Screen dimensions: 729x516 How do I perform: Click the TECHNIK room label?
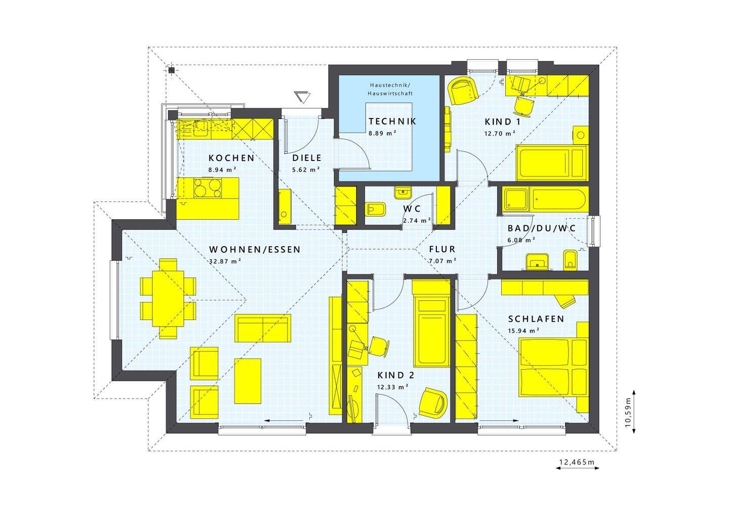click(392, 122)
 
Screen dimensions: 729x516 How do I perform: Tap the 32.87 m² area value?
click(225, 261)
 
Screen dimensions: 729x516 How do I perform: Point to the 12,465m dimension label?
click(577, 462)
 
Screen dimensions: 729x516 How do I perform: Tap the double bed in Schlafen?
click(553, 367)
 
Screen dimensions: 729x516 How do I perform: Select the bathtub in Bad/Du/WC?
click(559, 199)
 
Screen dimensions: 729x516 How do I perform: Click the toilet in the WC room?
click(376, 209)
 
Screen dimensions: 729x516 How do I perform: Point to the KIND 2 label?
click(396, 375)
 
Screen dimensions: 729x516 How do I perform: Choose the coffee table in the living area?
click(248, 381)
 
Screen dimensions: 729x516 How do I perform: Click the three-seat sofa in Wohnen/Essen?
click(263, 328)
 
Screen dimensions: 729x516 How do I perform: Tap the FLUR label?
click(442, 249)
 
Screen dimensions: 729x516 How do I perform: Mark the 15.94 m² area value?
click(523, 331)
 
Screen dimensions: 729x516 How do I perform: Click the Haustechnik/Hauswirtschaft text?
click(390, 89)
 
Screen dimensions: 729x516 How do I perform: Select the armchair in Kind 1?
click(463, 91)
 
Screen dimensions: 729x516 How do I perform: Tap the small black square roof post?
click(172, 70)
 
